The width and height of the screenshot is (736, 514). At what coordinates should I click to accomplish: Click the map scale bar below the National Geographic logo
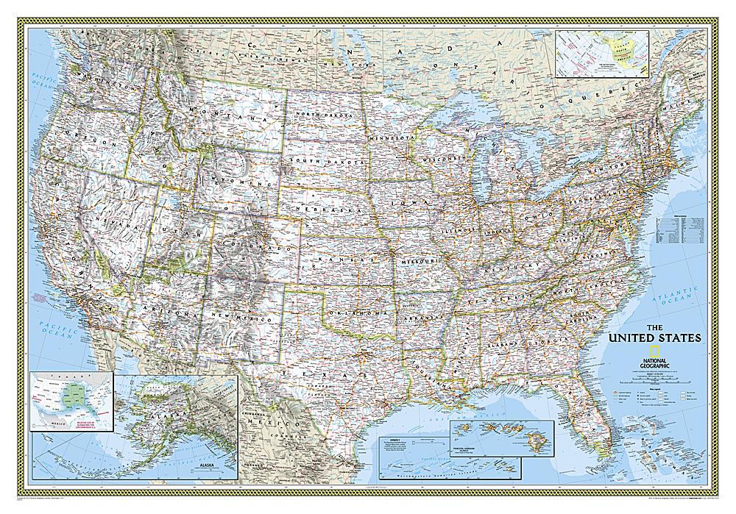pos(648,376)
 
